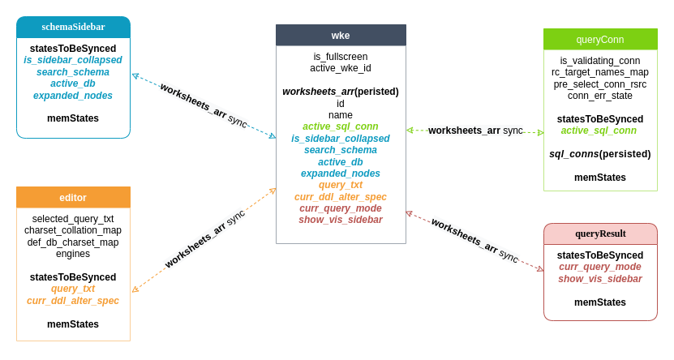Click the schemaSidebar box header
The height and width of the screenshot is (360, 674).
coord(73,27)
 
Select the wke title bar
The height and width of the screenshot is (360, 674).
coord(341,35)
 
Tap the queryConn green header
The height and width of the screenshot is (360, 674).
coord(600,39)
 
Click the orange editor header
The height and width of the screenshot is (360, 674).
coord(73,197)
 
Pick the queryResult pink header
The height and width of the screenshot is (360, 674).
coord(600,234)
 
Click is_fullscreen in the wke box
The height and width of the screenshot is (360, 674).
coord(341,57)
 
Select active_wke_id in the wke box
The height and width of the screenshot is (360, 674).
coord(341,68)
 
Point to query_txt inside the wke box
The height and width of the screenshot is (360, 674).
coord(341,185)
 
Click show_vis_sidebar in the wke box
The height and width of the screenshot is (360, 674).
coord(341,220)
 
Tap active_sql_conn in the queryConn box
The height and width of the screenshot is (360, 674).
coord(599,131)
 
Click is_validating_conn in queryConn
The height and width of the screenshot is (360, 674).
coord(600,61)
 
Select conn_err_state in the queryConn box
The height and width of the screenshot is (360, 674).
coord(600,96)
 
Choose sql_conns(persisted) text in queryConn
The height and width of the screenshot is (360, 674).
coord(600,154)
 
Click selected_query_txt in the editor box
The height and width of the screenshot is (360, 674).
coord(73,219)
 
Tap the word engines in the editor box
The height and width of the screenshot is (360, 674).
coord(73,254)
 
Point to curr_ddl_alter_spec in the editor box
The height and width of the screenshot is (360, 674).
coord(73,301)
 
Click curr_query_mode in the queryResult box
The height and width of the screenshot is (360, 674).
coord(600,267)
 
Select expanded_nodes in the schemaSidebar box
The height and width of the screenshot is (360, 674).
coord(73,96)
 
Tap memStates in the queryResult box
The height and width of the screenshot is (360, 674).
coord(600,302)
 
